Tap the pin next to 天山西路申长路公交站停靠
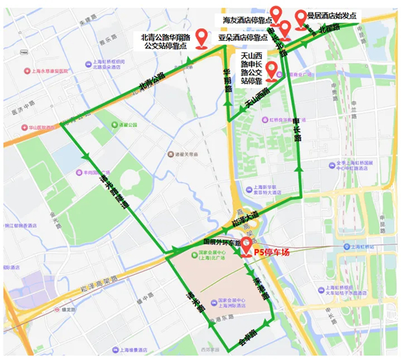coord(271,69)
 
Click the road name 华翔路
coord(227,79)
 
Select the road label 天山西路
coord(256,98)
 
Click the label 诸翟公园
coord(127,124)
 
